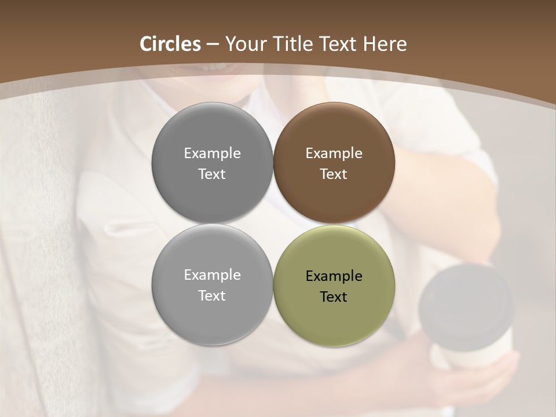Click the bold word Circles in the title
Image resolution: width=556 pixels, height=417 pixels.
170,44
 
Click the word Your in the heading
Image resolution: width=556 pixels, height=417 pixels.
246,44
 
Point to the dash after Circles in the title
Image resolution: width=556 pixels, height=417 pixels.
212,45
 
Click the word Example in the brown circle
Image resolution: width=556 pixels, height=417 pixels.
334,153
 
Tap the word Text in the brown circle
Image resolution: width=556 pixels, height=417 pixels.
334,174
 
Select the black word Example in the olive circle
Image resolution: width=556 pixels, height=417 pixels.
334,276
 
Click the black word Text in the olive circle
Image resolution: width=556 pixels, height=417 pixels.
334,297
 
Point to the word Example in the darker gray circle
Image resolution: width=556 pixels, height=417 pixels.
212,153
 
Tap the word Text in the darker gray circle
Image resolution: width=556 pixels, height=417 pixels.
212,174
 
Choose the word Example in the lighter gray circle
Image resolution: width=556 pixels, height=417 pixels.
212,275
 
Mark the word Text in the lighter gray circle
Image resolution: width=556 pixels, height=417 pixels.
212,296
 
